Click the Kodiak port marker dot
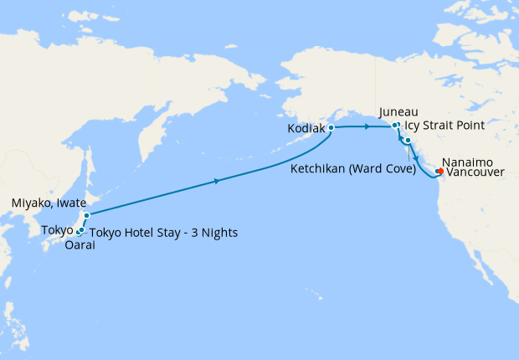(x=331, y=128)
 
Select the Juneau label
(x=398, y=111)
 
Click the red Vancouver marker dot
(x=440, y=173)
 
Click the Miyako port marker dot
(x=86, y=215)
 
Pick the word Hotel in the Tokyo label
(x=139, y=233)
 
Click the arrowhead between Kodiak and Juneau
(x=368, y=127)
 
